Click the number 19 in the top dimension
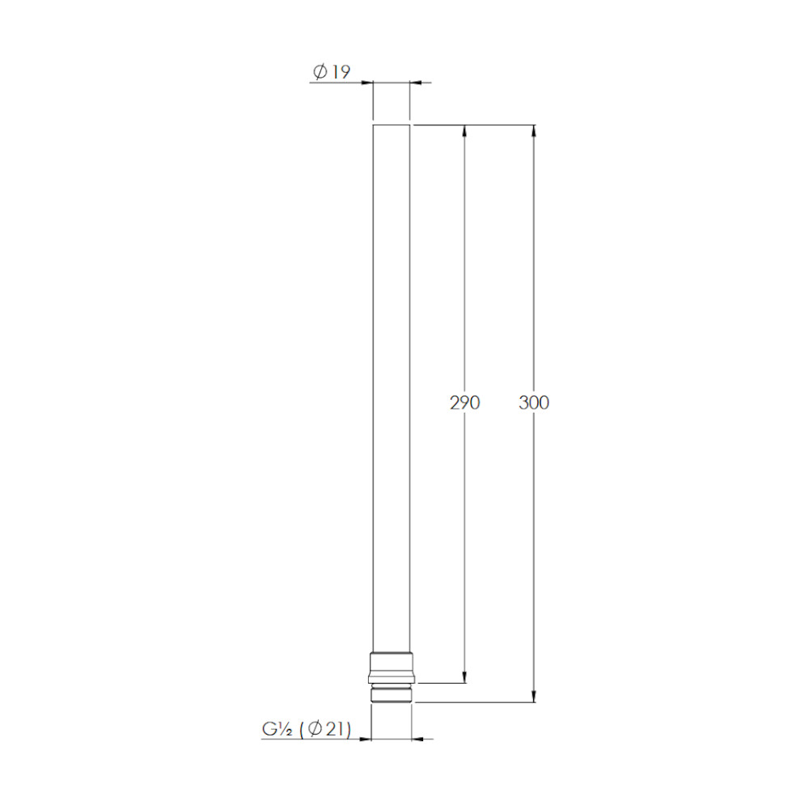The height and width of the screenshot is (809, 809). click(x=341, y=72)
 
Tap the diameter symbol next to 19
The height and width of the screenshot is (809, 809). click(x=320, y=72)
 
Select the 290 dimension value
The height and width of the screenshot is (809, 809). click(x=464, y=402)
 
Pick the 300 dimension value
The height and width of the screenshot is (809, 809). click(x=534, y=402)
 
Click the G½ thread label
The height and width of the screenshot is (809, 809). click(x=277, y=729)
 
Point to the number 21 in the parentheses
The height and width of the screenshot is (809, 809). click(x=335, y=729)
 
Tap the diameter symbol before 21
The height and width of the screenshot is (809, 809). click(x=315, y=729)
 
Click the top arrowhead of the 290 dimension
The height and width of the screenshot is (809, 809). click(x=464, y=131)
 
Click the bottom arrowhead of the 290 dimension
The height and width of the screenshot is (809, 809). click(x=464, y=677)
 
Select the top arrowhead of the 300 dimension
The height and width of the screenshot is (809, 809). click(x=534, y=131)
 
